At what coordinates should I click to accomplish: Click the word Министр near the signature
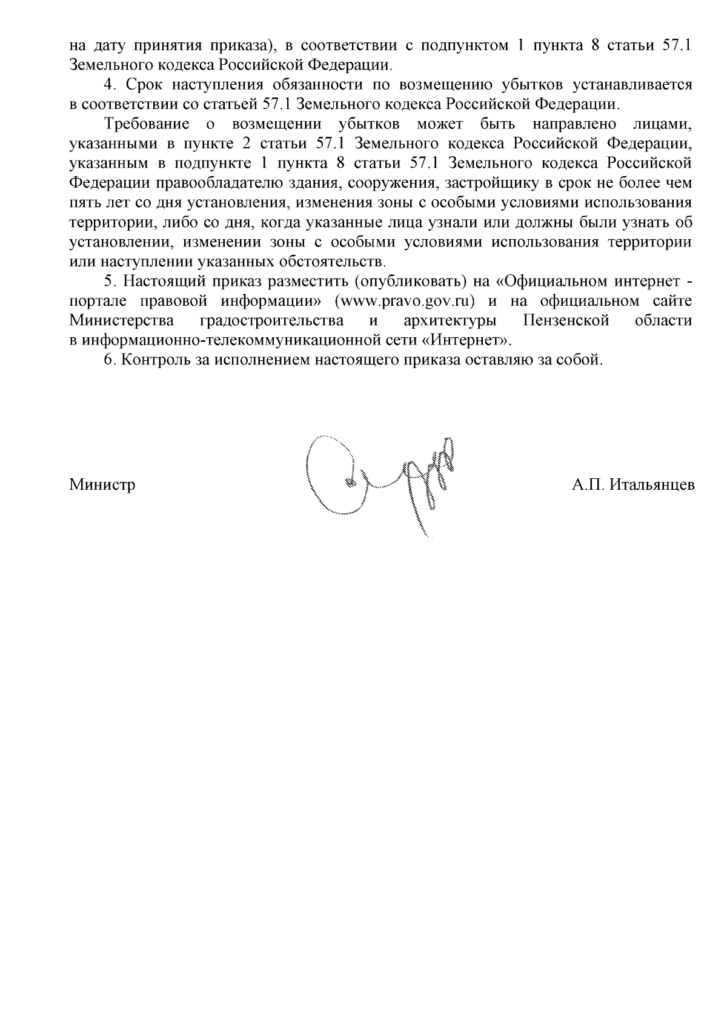(102, 485)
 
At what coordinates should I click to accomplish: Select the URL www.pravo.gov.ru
(399, 301)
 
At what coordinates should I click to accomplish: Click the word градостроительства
(271, 320)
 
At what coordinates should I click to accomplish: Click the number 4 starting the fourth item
(110, 85)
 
